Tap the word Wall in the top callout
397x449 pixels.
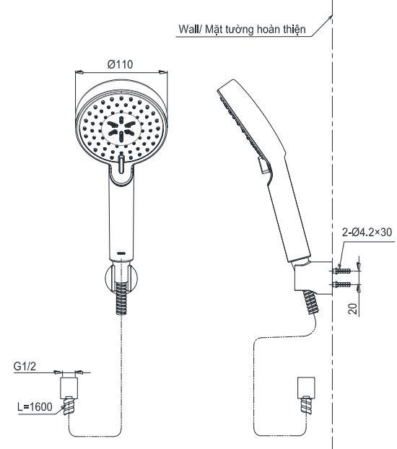(x=190, y=30)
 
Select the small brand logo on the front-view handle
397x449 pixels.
(x=121, y=252)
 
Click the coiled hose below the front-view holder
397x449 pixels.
(x=121, y=303)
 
